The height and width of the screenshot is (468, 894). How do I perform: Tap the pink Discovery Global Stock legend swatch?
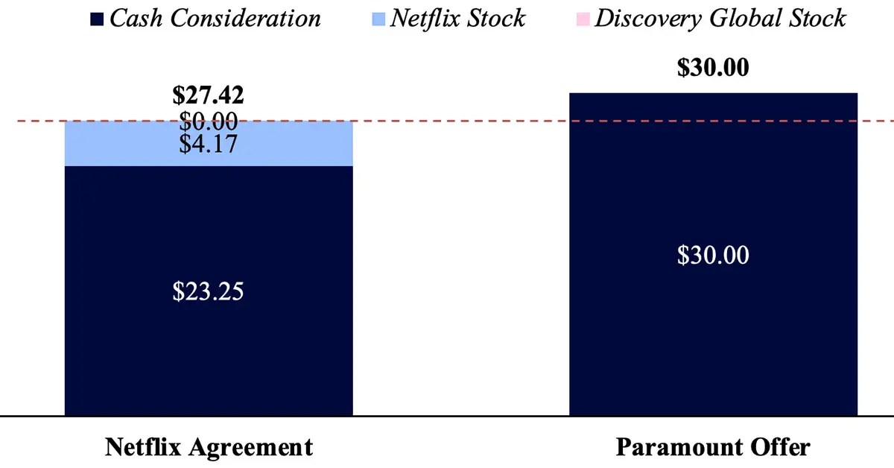click(583, 19)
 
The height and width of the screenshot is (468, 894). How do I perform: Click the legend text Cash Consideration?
click(215, 18)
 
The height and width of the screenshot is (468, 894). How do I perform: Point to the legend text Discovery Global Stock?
click(720, 18)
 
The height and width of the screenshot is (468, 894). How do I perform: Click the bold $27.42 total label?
click(209, 96)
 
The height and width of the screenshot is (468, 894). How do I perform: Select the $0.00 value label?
click(209, 120)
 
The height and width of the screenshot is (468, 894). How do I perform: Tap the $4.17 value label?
click(209, 143)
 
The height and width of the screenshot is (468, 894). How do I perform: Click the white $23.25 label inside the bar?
click(209, 291)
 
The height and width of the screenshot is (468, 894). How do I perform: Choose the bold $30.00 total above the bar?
click(713, 67)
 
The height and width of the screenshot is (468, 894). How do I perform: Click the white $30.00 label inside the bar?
click(713, 255)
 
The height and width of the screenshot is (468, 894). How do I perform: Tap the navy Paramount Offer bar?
click(713, 335)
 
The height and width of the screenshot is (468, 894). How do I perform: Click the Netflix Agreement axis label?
click(209, 447)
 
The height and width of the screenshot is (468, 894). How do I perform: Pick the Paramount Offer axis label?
click(713, 447)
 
